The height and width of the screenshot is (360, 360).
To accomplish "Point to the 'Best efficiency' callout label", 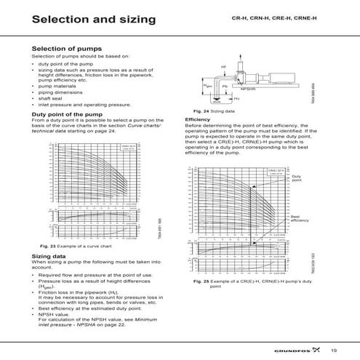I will (300, 219).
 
